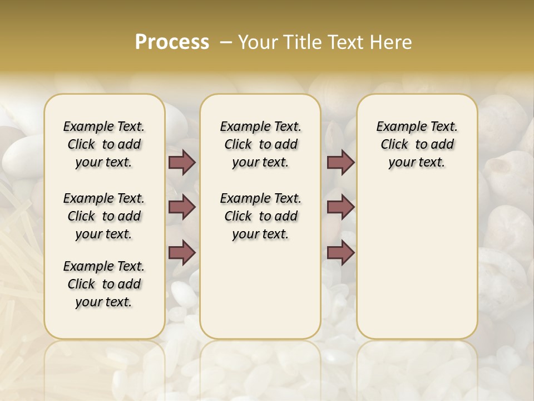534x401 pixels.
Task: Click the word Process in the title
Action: (x=172, y=42)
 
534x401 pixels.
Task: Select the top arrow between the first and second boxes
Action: (x=182, y=162)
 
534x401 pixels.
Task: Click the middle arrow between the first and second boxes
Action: (x=182, y=207)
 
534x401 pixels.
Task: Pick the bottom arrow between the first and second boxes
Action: (x=182, y=252)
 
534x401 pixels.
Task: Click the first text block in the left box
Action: (x=104, y=144)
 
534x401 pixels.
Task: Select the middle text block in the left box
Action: (x=104, y=216)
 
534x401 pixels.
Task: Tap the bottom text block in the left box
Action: (x=104, y=284)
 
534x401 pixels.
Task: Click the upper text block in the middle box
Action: (x=260, y=144)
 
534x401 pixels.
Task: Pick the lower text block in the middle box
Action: (x=260, y=216)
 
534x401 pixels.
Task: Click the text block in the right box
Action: (x=417, y=144)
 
